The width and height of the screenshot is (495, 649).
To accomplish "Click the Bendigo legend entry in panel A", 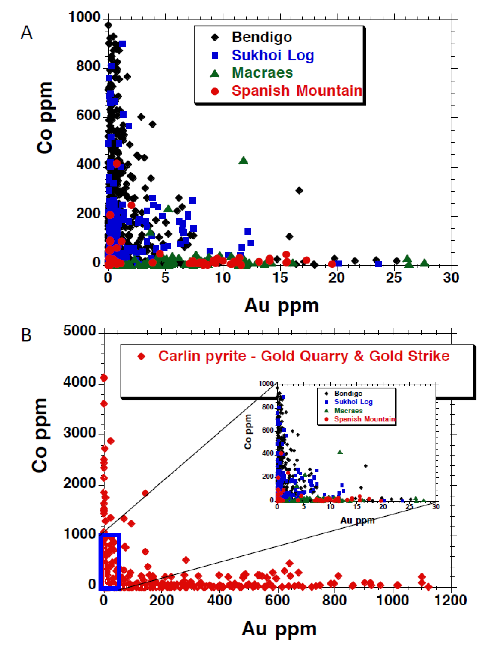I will pyautogui.click(x=261, y=37).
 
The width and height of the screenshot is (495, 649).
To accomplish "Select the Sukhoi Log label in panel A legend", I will pyautogui.click(x=272, y=56).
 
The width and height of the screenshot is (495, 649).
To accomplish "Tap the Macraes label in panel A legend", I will pyautogui.click(x=262, y=73).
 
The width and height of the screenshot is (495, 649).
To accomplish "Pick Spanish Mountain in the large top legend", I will pyautogui.click(x=296, y=91).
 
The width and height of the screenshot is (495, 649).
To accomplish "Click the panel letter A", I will pyautogui.click(x=27, y=33).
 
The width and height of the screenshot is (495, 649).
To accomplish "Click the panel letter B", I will pyautogui.click(x=27, y=335).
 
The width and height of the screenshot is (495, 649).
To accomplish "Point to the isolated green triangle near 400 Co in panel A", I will pyautogui.click(x=243, y=160).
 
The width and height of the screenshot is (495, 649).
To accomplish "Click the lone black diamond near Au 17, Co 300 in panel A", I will pyautogui.click(x=299, y=191).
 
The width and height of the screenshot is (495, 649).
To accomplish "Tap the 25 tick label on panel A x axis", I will pyautogui.click(x=394, y=278).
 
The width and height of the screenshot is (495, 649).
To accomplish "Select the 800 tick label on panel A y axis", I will pyautogui.click(x=88, y=66).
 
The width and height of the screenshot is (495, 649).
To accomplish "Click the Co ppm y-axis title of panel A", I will pyautogui.click(x=45, y=118).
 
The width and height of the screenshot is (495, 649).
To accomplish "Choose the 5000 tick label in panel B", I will pyautogui.click(x=79, y=331).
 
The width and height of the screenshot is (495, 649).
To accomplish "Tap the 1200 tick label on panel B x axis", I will pyautogui.click(x=451, y=600).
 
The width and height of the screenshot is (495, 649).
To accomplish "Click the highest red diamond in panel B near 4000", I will pyautogui.click(x=104, y=378).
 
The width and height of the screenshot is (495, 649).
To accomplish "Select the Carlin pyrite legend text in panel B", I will pyautogui.click(x=303, y=356).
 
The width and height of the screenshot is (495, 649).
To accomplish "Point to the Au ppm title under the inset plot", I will pyautogui.click(x=357, y=520).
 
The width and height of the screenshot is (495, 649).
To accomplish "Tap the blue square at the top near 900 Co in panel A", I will pyautogui.click(x=122, y=44).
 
